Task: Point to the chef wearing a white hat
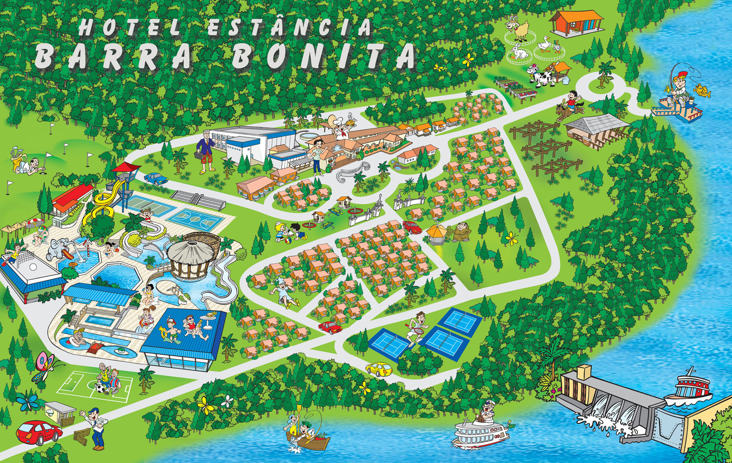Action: click(x=338, y=128)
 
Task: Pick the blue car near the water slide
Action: click(x=156, y=178)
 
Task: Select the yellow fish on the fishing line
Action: click(x=702, y=90)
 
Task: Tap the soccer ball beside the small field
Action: click(x=100, y=388)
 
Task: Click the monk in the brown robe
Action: click(x=460, y=231)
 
